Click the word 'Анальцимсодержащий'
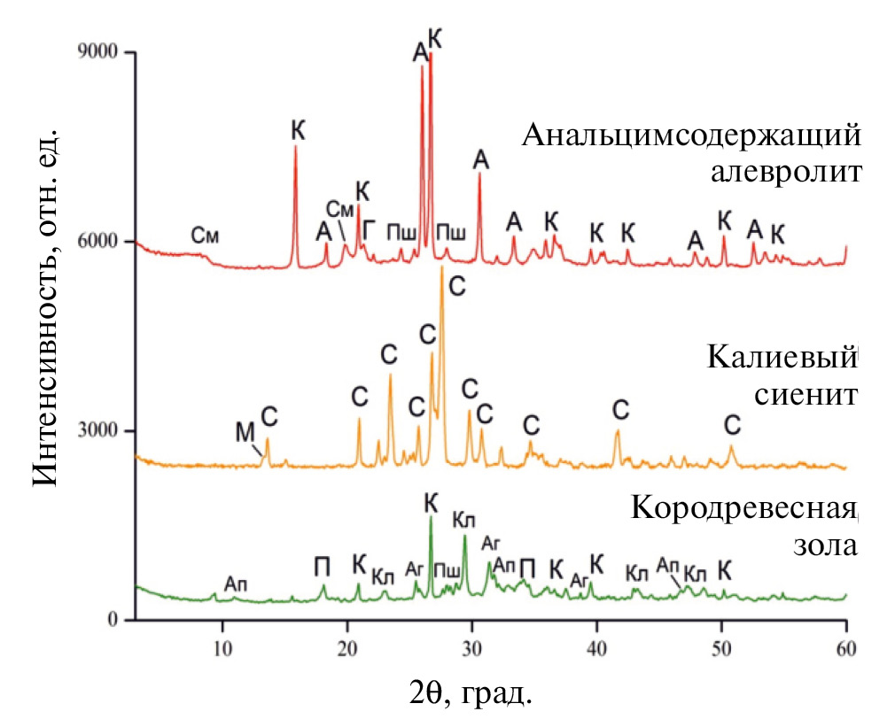pos(691,137)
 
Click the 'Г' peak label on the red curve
pos(370,228)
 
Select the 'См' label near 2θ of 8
pos(205,236)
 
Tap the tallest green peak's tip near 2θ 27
pos(431,517)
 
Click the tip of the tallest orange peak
pos(441,267)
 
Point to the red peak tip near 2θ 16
pos(295,147)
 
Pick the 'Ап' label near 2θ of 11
pos(236,584)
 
